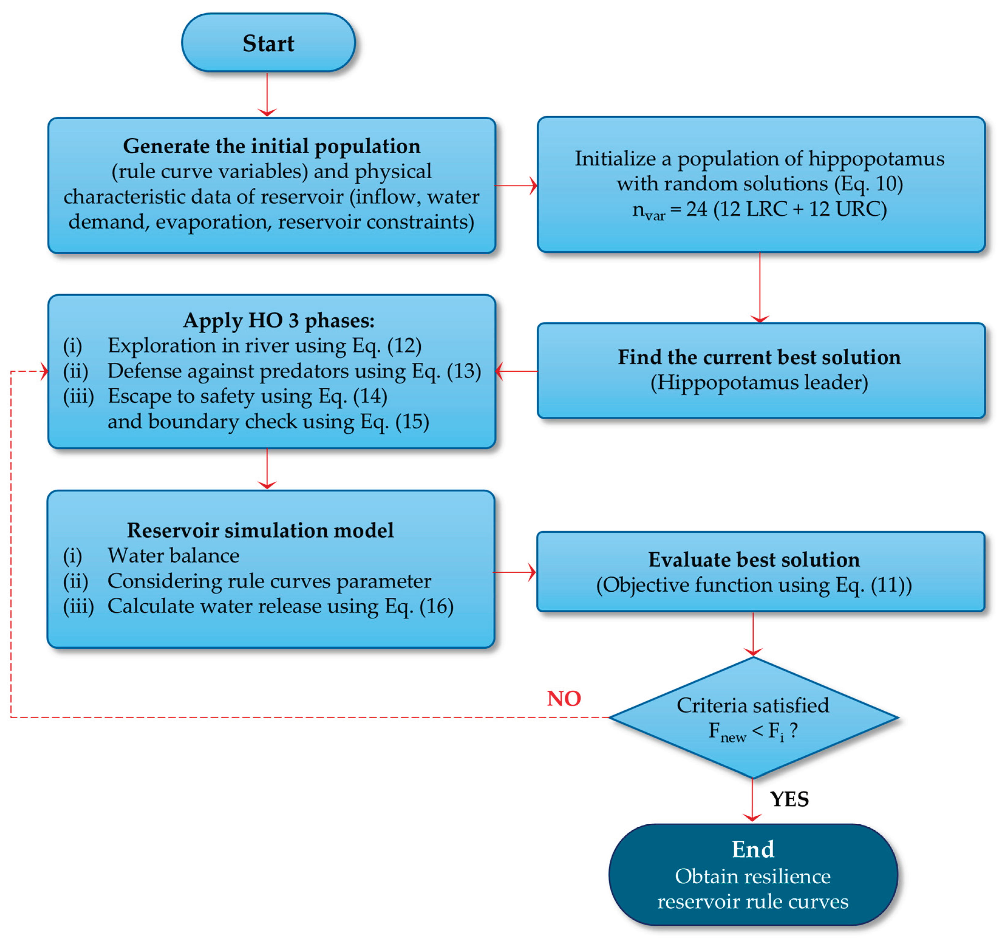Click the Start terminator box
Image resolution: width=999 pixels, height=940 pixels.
pyautogui.click(x=268, y=43)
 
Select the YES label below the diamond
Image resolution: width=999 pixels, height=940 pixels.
pyautogui.click(x=790, y=799)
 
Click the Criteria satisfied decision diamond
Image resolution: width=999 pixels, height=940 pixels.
pyautogui.click(x=753, y=718)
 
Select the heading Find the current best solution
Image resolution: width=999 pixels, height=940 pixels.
pyautogui.click(x=759, y=357)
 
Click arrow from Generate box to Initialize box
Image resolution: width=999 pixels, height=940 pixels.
pyautogui.click(x=516, y=186)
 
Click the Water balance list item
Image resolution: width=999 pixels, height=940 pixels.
pyautogui.click(x=173, y=555)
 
